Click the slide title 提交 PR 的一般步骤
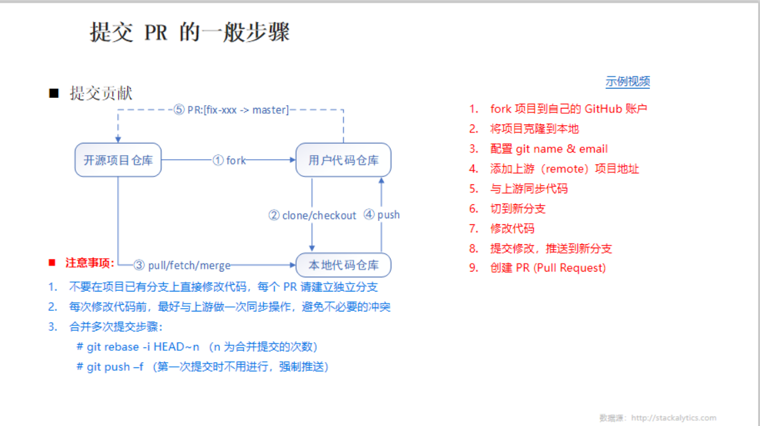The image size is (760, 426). pyautogui.click(x=190, y=33)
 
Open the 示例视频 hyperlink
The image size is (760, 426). pyautogui.click(x=627, y=82)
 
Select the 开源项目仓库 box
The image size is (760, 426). pyautogui.click(x=118, y=160)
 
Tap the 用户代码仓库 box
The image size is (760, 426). pyautogui.click(x=343, y=160)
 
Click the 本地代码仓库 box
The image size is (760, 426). pyautogui.click(x=343, y=265)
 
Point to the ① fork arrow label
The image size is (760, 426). pyautogui.click(x=229, y=160)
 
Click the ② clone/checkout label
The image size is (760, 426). pyautogui.click(x=312, y=216)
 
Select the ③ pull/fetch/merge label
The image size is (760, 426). pyautogui.click(x=182, y=265)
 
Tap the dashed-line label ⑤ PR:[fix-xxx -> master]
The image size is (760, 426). pyautogui.click(x=231, y=110)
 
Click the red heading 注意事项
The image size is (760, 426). pyautogui.click(x=89, y=262)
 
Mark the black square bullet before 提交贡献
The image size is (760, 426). pyautogui.click(x=54, y=93)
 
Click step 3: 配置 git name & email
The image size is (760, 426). pyautogui.click(x=549, y=148)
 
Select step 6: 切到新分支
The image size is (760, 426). pyautogui.click(x=518, y=208)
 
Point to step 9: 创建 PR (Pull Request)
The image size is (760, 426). pyautogui.click(x=548, y=268)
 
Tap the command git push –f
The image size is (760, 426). pyautogui.click(x=115, y=367)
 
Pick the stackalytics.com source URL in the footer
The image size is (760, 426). pyautogui.click(x=673, y=418)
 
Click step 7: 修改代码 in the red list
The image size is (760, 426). pyautogui.click(x=512, y=228)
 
